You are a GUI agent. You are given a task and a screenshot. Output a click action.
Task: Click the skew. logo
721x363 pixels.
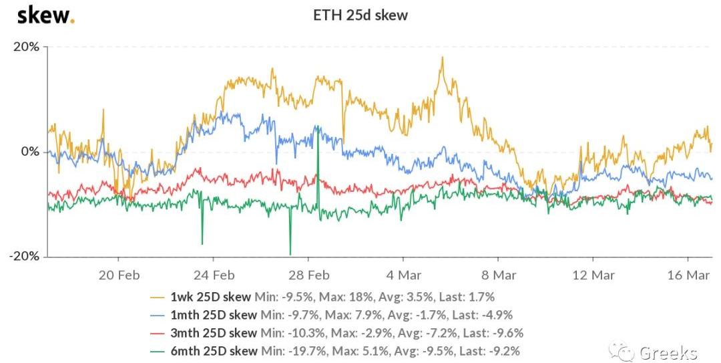click(45, 15)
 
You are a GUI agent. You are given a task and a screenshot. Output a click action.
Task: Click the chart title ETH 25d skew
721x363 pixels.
click(360, 15)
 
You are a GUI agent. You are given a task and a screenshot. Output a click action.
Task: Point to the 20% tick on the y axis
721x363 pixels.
click(27, 47)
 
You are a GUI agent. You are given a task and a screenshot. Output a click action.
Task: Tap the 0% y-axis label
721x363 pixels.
click(30, 152)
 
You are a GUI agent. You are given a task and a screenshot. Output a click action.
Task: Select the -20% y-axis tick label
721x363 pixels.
click(25, 257)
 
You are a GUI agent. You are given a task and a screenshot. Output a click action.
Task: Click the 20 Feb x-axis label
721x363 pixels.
click(118, 274)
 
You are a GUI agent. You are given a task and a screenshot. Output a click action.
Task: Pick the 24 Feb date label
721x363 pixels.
click(213, 274)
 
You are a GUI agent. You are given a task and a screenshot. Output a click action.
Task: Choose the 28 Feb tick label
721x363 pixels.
click(308, 274)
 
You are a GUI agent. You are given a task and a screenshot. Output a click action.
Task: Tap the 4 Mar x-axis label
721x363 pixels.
click(403, 274)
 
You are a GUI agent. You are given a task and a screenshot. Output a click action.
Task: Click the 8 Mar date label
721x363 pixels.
click(497, 274)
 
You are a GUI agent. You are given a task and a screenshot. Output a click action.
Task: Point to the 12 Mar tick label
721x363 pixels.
click(593, 274)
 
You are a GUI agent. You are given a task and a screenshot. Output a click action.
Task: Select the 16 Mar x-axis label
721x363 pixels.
click(688, 274)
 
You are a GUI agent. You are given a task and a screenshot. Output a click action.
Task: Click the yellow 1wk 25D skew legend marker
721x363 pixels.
click(158, 297)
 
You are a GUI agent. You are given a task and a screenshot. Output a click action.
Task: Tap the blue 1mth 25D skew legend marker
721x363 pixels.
click(158, 315)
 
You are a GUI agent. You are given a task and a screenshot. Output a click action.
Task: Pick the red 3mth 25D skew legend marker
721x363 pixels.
click(158, 333)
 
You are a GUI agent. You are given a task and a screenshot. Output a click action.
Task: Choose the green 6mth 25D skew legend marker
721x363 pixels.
click(158, 351)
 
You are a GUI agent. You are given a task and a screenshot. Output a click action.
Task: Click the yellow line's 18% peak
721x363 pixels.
click(442, 57)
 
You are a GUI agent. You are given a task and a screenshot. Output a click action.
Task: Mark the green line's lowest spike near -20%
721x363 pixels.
click(290, 254)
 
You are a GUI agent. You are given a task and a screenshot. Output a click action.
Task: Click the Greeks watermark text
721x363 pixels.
click(668, 352)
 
